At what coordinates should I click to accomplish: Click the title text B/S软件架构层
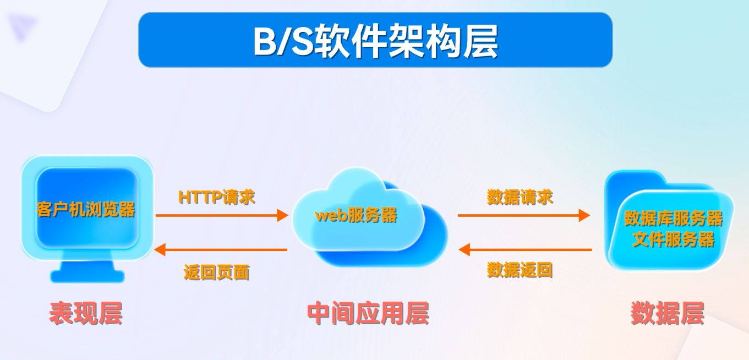point(375,41)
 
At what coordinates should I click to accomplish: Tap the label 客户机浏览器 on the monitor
point(86,209)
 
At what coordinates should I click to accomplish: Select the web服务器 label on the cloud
point(356,215)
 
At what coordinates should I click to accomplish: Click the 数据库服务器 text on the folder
point(673,218)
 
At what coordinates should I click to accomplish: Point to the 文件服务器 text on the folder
point(673,239)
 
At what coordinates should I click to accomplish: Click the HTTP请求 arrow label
point(217,197)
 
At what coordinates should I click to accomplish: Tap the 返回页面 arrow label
point(216,272)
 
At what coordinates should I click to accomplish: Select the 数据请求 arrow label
point(520,197)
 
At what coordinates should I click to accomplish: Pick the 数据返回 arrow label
point(520,270)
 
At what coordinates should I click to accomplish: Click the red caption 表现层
point(85,313)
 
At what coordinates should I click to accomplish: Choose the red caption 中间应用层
point(368,313)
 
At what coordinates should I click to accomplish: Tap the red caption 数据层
point(667,313)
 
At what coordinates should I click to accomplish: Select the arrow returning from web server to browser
point(221,250)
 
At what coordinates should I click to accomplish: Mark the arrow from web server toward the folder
point(523,215)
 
